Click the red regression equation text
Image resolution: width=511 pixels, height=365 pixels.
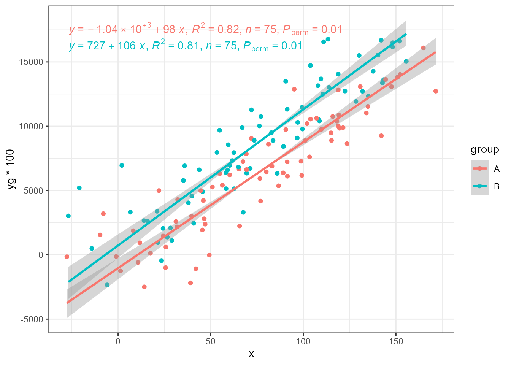click(205, 29)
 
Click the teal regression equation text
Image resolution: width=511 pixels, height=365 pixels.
click(186, 46)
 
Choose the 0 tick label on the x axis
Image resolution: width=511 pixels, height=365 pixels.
click(118, 341)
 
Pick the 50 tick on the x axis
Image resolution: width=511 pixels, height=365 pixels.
click(211, 341)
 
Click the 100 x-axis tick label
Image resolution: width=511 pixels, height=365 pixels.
click(303, 341)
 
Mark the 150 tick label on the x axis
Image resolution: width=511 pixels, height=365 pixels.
click(396, 341)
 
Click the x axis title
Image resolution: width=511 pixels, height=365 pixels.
click(251, 354)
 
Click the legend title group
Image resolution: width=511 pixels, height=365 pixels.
click(485, 150)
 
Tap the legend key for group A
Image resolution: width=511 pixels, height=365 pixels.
click(479, 168)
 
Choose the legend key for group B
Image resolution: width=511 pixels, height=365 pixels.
click(479, 186)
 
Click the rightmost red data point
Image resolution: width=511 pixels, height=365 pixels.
click(436, 91)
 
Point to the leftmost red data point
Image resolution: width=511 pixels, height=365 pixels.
click(67, 257)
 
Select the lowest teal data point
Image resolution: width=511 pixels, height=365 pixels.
click(107, 285)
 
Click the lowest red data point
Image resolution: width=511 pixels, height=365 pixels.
click(144, 287)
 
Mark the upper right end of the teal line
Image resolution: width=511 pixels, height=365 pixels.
click(406, 34)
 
